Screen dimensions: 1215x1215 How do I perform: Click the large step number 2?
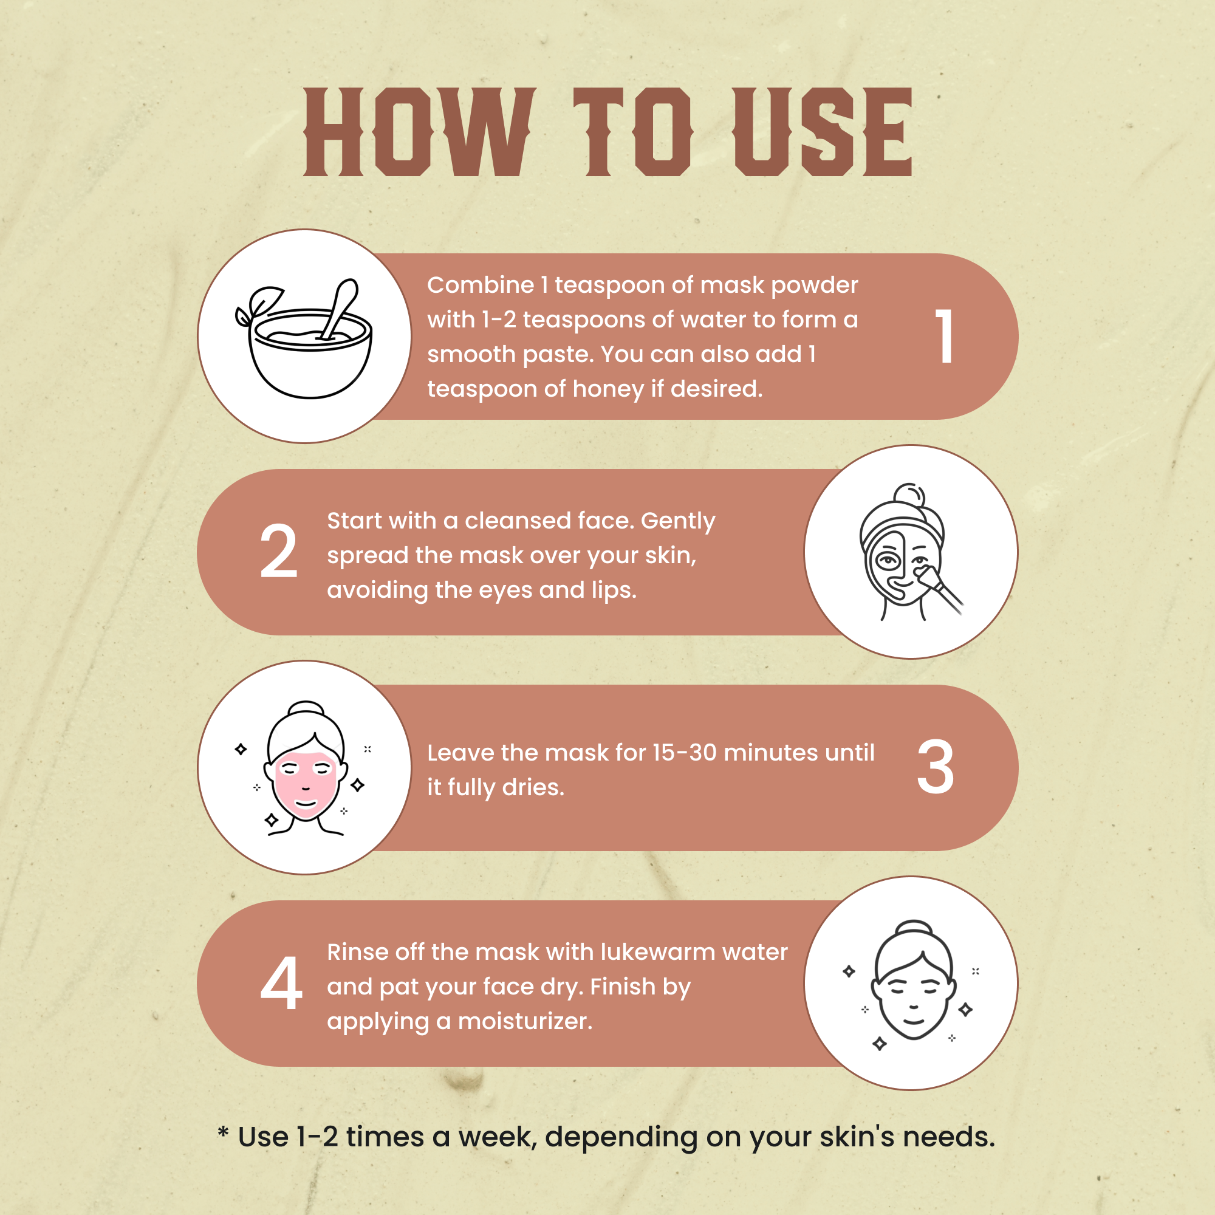[279, 552]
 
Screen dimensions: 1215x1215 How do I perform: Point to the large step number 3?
[935, 767]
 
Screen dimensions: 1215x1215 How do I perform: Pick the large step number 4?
[281, 983]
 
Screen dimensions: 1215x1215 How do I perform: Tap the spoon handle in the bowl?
[340, 308]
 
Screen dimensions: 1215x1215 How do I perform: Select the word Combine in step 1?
[481, 285]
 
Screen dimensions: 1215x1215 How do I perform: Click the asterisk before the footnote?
[223, 1132]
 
